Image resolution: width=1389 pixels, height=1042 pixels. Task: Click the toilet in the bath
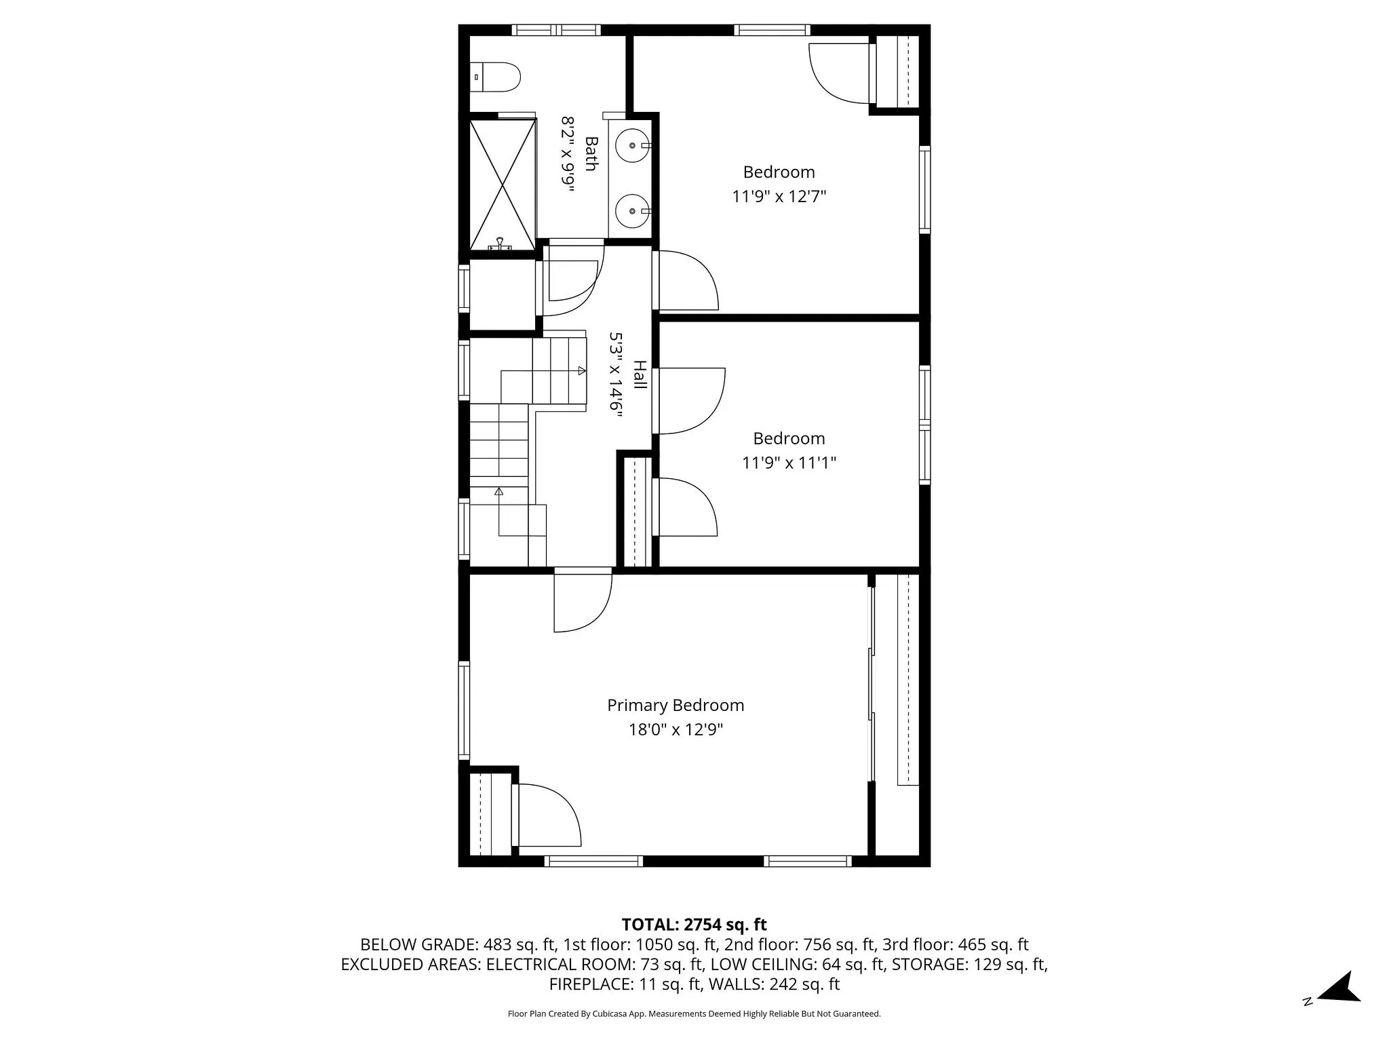pos(496,77)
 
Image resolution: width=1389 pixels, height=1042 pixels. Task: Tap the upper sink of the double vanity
pos(633,145)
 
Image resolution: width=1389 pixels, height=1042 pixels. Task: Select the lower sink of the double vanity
pos(633,210)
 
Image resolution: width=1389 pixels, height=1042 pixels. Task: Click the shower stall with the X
pos(503,184)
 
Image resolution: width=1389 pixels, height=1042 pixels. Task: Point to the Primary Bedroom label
pos(676,706)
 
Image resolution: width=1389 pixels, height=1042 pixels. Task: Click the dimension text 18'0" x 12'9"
pos(676,730)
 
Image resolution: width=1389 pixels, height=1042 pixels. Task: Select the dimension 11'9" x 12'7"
pos(779,197)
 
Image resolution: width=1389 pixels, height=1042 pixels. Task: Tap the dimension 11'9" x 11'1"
pos(789,463)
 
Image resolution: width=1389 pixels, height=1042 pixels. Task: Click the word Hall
pos(639,374)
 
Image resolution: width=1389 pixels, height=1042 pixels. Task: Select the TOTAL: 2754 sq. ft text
pos(694,925)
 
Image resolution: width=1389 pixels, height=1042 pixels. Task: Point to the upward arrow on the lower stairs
pos(499,491)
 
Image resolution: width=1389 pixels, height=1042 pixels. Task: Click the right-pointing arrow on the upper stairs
pos(581,370)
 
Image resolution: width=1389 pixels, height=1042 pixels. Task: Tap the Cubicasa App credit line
pos(694,1014)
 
